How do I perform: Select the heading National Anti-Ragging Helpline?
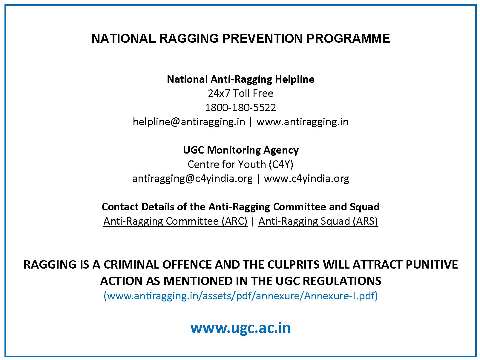240,79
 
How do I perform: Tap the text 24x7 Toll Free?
240,94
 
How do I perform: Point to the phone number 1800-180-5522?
240,108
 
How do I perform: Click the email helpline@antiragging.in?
189,122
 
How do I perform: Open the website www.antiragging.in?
302,122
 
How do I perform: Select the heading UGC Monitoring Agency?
240,150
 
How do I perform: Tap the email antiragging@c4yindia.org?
192,179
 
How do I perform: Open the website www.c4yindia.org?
306,179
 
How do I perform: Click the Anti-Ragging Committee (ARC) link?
175,221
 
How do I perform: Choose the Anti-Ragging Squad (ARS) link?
318,221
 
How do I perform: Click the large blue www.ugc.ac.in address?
240,328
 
